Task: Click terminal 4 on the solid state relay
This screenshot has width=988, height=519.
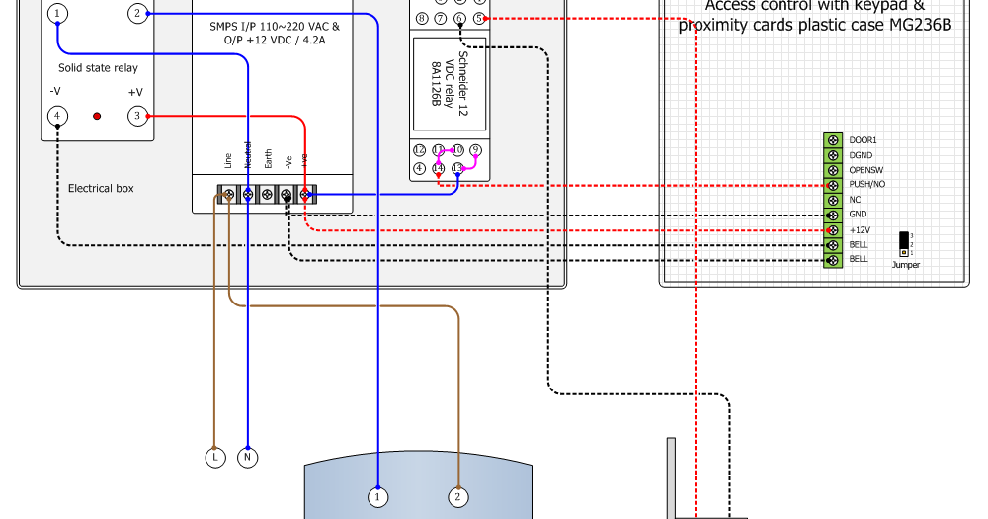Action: click(x=57, y=117)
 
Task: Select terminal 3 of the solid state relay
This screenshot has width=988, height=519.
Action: click(x=136, y=117)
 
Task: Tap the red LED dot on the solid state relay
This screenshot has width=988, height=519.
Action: click(x=97, y=117)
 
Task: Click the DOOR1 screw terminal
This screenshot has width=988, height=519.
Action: click(x=832, y=140)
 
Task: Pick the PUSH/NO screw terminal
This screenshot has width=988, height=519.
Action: click(x=832, y=185)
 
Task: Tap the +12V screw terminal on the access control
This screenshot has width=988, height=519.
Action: click(x=832, y=229)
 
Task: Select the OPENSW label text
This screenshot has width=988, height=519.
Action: click(x=866, y=170)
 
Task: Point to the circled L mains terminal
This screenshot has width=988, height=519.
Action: click(x=214, y=458)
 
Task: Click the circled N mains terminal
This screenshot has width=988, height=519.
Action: click(x=248, y=458)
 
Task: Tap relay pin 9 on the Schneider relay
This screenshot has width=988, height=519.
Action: click(x=475, y=150)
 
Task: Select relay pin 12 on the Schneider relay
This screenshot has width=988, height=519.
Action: click(x=420, y=150)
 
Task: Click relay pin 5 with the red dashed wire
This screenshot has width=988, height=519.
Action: click(x=479, y=18)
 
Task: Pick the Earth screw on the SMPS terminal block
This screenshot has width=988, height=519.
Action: click(x=268, y=195)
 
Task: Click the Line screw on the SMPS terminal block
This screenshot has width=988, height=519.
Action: click(x=229, y=195)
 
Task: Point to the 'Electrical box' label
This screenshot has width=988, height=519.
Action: click(x=101, y=188)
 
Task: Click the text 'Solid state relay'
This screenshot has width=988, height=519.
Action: click(x=98, y=68)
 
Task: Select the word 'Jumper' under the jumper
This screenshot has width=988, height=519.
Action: click(x=905, y=265)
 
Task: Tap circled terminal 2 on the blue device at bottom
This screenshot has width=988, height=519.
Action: click(x=457, y=496)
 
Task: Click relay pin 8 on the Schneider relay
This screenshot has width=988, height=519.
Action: click(x=423, y=18)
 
